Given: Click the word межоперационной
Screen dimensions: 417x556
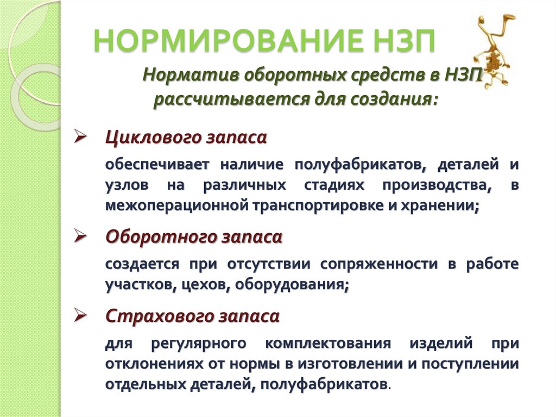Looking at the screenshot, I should pos(176,206).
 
